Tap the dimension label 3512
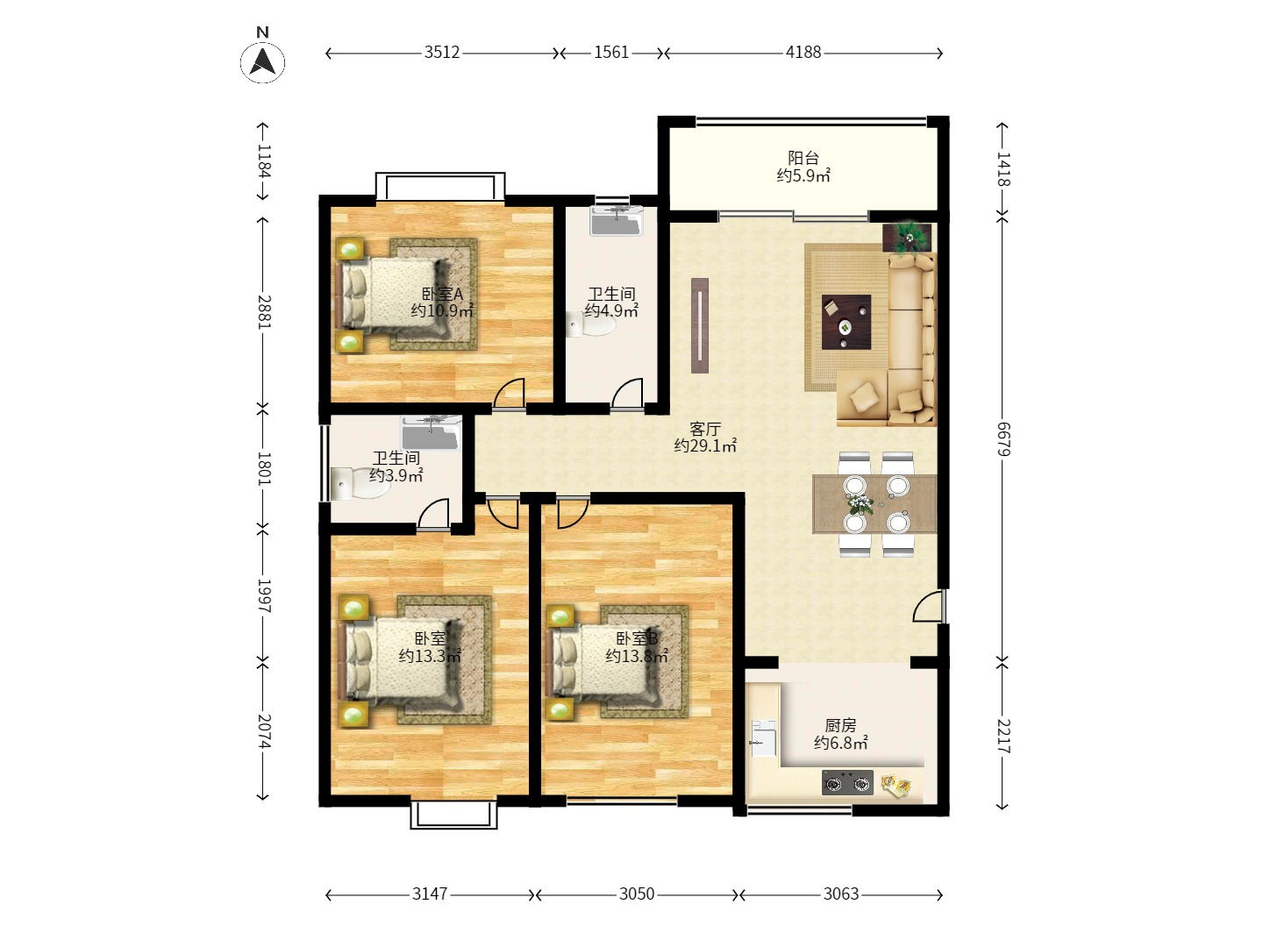[x=442, y=53]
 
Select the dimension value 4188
[x=803, y=53]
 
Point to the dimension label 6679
[x=1003, y=438]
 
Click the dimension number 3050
[x=637, y=894]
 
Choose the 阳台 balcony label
[x=803, y=158]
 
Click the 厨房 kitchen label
[x=840, y=725]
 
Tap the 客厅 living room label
[x=705, y=429]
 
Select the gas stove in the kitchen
[x=847, y=782]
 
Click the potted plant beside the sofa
[x=908, y=237]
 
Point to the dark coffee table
[x=846, y=322]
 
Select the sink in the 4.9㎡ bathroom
[x=616, y=220]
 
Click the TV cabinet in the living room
[x=700, y=325]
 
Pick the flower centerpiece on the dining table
[x=860, y=504]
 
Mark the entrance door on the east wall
[x=928, y=606]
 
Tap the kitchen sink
[x=763, y=738]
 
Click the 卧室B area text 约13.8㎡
[x=637, y=656]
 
